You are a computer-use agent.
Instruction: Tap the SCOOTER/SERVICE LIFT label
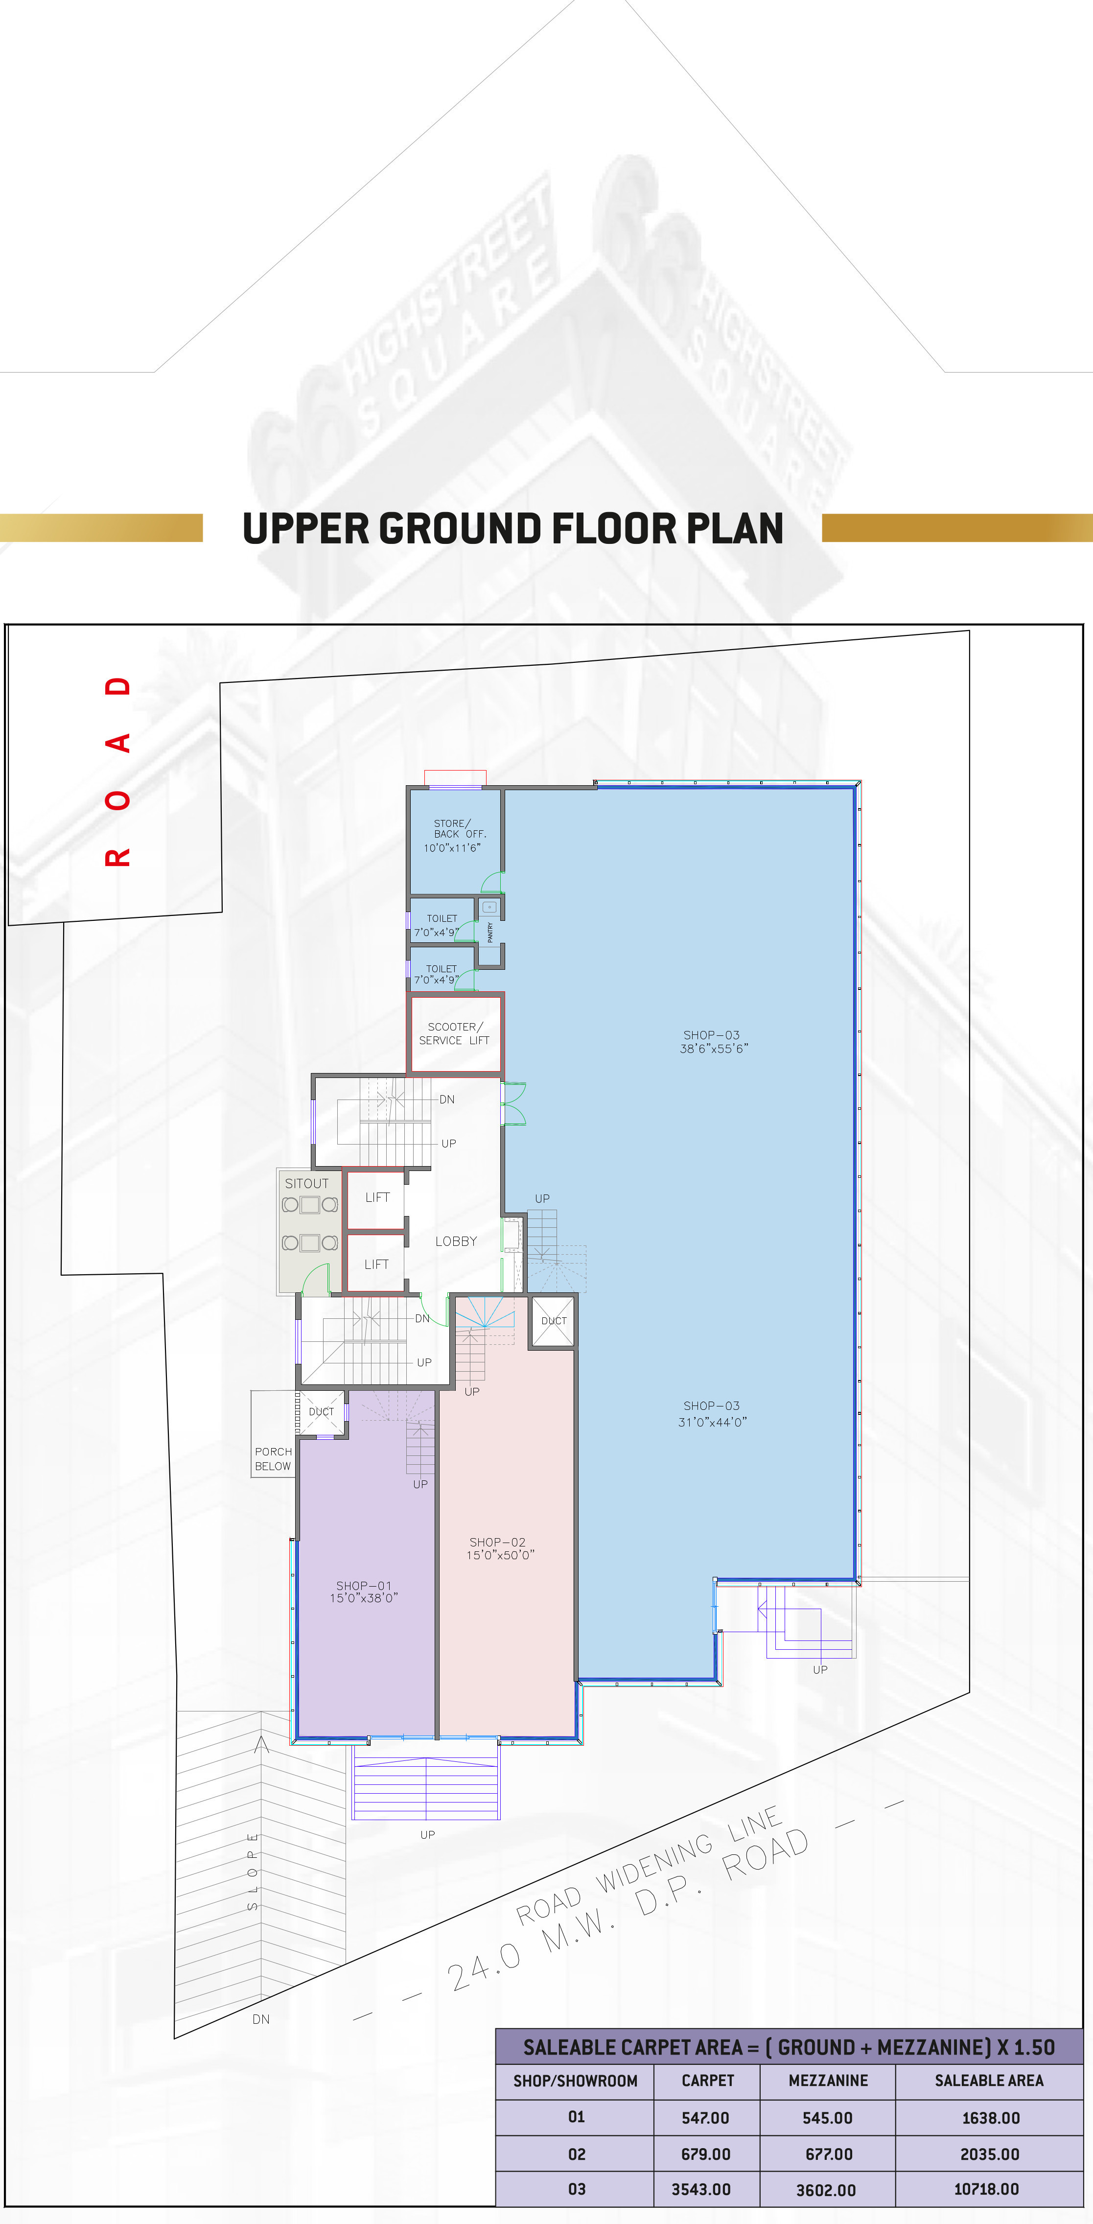(x=454, y=1033)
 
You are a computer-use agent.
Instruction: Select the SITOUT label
(x=306, y=1184)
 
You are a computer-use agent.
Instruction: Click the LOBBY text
(x=456, y=1241)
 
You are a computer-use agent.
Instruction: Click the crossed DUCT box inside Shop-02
(x=553, y=1321)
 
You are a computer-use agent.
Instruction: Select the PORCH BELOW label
(x=273, y=1459)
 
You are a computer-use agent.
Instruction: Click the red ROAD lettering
(x=117, y=771)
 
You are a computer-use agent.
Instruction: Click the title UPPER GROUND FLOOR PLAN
(x=513, y=528)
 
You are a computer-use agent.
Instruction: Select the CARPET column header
(x=708, y=2081)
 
